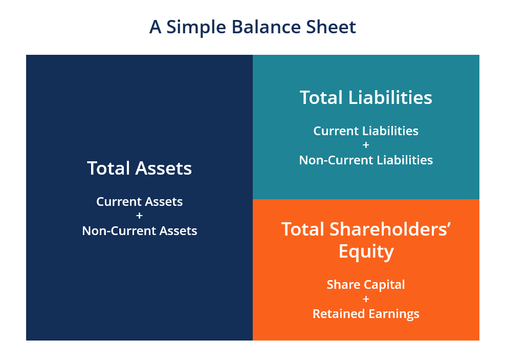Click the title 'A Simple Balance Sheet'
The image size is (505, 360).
tap(252, 27)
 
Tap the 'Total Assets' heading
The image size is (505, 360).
tap(139, 168)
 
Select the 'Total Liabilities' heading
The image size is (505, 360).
tap(366, 97)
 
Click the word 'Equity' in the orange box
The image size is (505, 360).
tap(366, 252)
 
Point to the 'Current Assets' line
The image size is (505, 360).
tap(139, 202)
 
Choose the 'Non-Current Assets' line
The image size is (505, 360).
tap(139, 231)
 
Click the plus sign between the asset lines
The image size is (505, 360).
tap(139, 216)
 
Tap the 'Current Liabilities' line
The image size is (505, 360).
tap(366, 131)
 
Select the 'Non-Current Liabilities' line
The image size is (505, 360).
tap(366, 160)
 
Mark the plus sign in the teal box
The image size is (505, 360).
tap(366, 145)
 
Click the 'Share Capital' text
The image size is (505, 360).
tap(366, 285)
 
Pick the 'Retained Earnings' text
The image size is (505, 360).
tap(366, 314)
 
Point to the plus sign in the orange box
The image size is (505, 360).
tap(366, 299)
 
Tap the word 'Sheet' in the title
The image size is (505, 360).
tap(333, 27)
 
